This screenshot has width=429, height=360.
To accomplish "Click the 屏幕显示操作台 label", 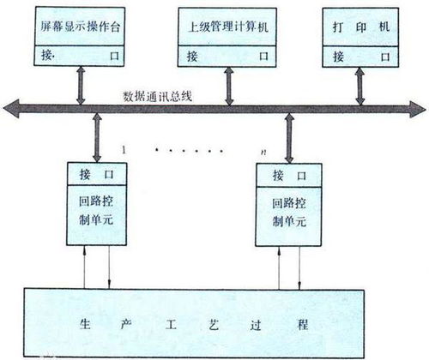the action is pyautogui.click(x=80, y=27).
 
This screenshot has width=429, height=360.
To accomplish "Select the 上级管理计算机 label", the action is pyautogui.click(x=228, y=27).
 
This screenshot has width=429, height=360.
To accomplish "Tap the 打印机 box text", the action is pyautogui.click(x=361, y=27).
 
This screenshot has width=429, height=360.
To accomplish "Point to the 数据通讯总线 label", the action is pyautogui.click(x=157, y=96).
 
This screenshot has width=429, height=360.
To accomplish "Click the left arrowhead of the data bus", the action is pyautogui.click(x=11, y=109).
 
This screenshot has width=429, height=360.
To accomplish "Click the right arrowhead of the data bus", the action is pyautogui.click(x=418, y=109).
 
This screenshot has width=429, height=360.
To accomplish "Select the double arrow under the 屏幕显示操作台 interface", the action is pyautogui.click(x=81, y=86).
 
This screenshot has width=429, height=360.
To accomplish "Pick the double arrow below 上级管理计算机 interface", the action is pyautogui.click(x=229, y=86).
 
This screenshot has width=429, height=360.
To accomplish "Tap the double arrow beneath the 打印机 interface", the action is pyautogui.click(x=360, y=87).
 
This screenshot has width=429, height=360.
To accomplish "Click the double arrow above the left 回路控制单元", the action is pyautogui.click(x=97, y=138).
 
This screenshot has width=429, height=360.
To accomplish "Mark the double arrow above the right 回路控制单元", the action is pyautogui.click(x=289, y=138).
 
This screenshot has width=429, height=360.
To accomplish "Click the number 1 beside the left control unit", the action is pyautogui.click(x=124, y=150).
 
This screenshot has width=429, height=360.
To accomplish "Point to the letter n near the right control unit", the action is pyautogui.click(x=263, y=152).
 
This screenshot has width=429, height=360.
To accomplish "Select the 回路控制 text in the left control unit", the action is pyautogui.click(x=96, y=201).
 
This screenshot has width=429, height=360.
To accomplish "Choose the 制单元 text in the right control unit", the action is pyautogui.click(x=289, y=221).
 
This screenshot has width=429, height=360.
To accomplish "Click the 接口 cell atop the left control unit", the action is pyautogui.click(x=97, y=174).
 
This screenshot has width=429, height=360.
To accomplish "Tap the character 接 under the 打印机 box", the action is pyautogui.click(x=339, y=57).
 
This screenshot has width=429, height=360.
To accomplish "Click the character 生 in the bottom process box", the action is pyautogui.click(x=85, y=324).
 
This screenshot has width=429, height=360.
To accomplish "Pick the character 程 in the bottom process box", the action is pyautogui.click(x=303, y=325).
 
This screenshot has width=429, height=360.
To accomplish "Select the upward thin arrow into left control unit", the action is pyautogui.click(x=84, y=267).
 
